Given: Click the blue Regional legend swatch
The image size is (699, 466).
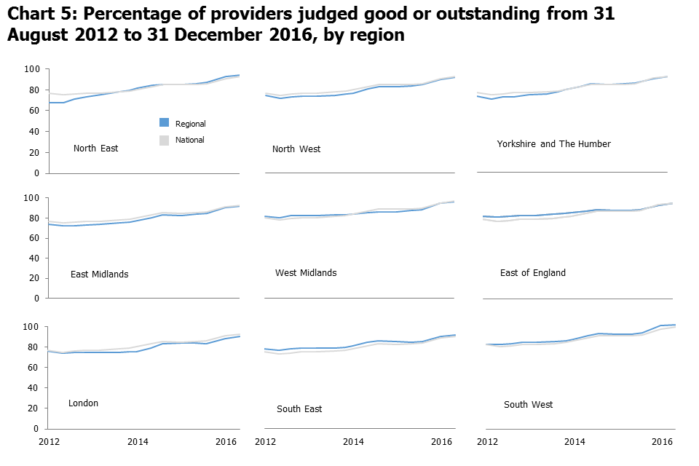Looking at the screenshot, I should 165,123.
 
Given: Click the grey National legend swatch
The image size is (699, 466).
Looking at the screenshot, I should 165,140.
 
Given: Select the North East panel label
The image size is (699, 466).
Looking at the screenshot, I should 95,149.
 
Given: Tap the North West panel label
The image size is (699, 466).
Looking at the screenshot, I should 296,149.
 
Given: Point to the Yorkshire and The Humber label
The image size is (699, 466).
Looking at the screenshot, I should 553,144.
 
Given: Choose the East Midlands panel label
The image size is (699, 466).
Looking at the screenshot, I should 99,275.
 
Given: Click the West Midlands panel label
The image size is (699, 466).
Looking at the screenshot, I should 306,273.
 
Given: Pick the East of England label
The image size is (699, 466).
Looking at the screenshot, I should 532,273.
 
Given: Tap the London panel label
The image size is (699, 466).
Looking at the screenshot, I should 83,403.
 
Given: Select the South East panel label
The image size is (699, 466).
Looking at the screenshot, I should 299,409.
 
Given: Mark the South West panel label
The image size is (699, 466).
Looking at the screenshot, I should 528,405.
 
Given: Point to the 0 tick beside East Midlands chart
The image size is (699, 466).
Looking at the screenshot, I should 36,299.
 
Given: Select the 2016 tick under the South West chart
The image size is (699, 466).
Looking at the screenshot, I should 661,442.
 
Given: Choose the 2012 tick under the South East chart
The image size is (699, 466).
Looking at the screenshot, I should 266,442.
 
